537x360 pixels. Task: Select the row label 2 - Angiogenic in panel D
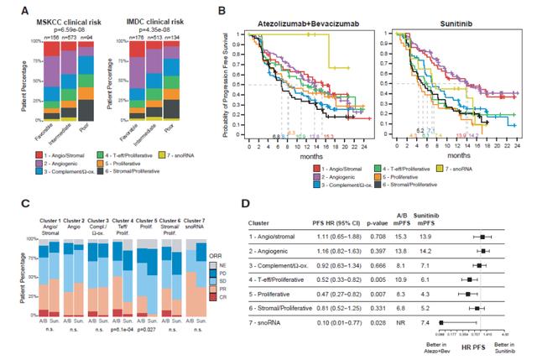coord(275,251)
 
